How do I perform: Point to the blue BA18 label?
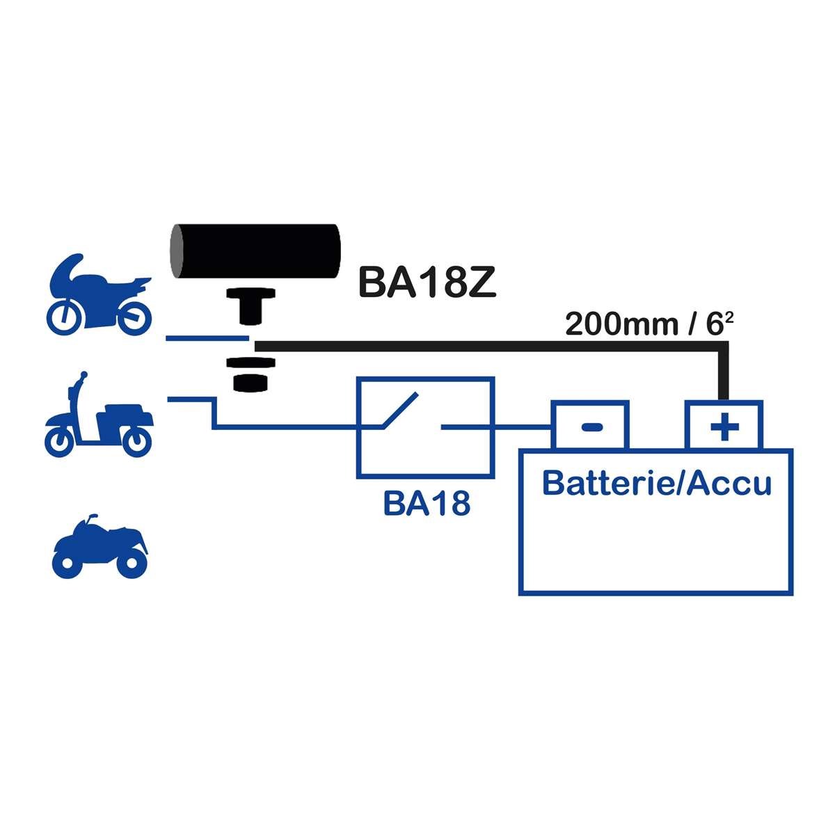pyautogui.click(x=427, y=504)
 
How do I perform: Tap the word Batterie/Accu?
pyautogui.click(x=656, y=482)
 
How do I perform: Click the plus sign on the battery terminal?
pyautogui.click(x=724, y=427)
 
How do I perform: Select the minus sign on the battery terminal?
pyautogui.click(x=591, y=427)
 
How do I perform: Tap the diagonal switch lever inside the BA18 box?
pyautogui.click(x=399, y=411)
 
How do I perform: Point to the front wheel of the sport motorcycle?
pyautogui.click(x=65, y=317)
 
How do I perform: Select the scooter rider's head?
pyautogui.click(x=83, y=376)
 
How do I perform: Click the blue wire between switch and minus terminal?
pyautogui.click(x=522, y=427)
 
